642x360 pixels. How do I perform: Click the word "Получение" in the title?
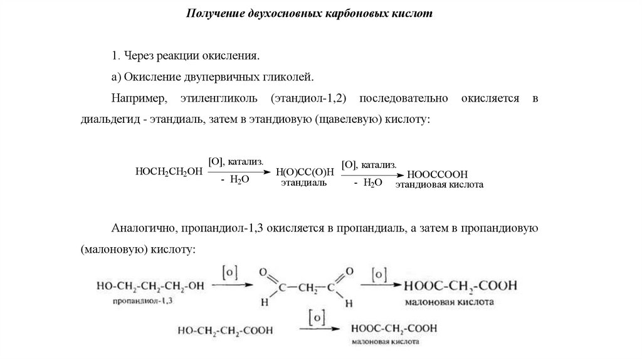click(x=211, y=13)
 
